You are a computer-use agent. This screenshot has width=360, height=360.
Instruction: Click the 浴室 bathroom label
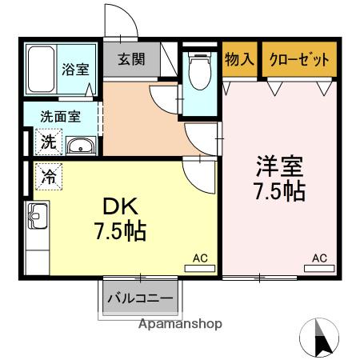tap(77, 69)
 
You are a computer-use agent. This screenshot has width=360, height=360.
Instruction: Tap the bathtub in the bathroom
tap(39, 70)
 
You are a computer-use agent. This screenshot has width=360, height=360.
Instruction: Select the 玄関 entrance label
tap(132, 59)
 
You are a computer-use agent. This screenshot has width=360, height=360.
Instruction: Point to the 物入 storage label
tap(239, 59)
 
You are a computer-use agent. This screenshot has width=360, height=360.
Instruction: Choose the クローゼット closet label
tap(298, 59)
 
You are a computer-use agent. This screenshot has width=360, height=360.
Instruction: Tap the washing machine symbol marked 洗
tap(49, 143)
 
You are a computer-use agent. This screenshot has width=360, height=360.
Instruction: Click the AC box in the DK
tap(200, 258)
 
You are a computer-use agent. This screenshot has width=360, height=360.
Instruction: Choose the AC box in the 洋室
tap(319, 258)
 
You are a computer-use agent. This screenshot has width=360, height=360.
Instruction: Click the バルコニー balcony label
tap(140, 299)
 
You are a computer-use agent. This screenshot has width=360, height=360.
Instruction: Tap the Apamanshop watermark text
tap(180, 325)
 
